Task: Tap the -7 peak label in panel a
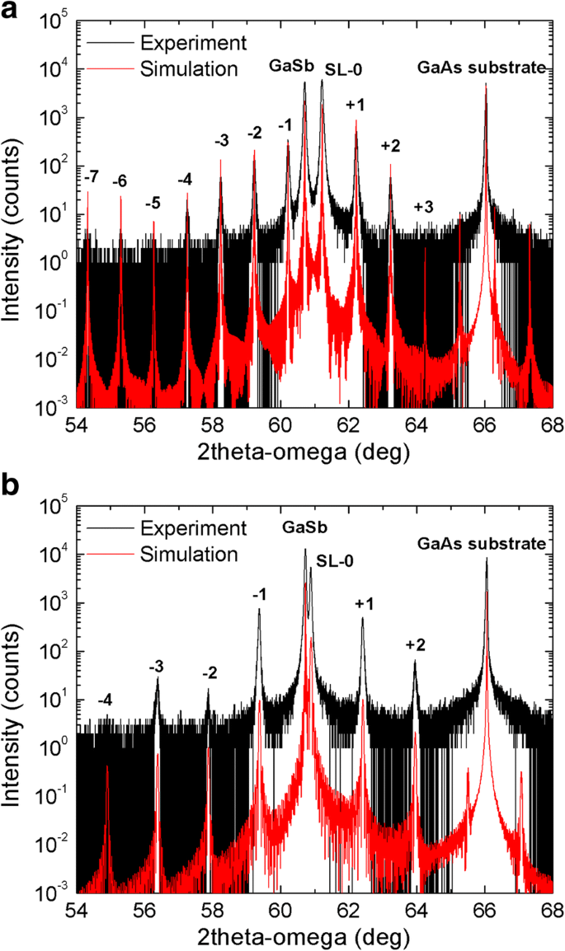pyautogui.click(x=92, y=176)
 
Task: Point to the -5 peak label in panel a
pyautogui.click(x=153, y=203)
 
